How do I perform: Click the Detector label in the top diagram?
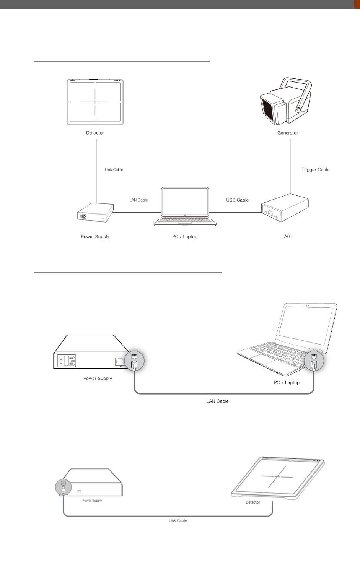point(95,133)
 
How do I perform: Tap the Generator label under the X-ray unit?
point(288,133)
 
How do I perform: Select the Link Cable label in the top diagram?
point(114,169)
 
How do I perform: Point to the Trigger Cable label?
point(315,169)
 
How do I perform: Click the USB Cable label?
point(237,200)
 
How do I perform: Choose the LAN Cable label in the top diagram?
point(138,200)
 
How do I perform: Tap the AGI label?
point(288,237)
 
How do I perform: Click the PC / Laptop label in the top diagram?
point(185,237)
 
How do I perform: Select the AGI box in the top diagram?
point(285,209)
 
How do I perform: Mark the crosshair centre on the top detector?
point(95,102)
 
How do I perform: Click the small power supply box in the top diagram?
point(96,213)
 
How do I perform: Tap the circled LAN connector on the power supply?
point(135,361)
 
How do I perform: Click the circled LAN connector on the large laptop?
point(314,361)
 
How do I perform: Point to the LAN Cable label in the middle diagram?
point(217,401)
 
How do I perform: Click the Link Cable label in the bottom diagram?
point(178,520)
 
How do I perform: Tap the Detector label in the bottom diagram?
point(253,502)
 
